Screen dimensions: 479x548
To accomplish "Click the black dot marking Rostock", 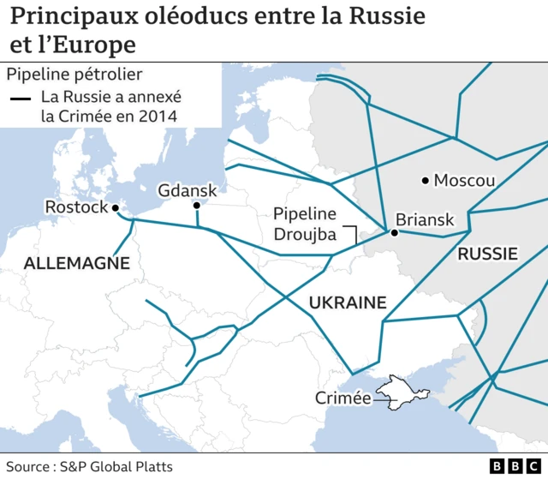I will [x=115, y=207].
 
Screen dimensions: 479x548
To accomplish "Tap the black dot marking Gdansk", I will [x=196, y=206].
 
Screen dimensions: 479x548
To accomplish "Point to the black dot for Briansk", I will [x=395, y=232].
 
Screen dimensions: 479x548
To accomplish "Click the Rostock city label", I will [x=76, y=207].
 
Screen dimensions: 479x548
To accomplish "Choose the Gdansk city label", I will [x=188, y=190].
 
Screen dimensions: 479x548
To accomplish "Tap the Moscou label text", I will [x=465, y=180].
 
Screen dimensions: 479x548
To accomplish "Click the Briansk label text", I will [x=425, y=220].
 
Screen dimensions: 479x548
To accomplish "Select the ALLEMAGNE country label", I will [x=76, y=264].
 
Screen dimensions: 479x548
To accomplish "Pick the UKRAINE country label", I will [x=348, y=302].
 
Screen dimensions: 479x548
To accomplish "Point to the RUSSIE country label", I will [x=487, y=254].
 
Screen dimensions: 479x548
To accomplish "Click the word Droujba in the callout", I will [x=306, y=235].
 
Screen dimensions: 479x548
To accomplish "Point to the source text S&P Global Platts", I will [x=117, y=466].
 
